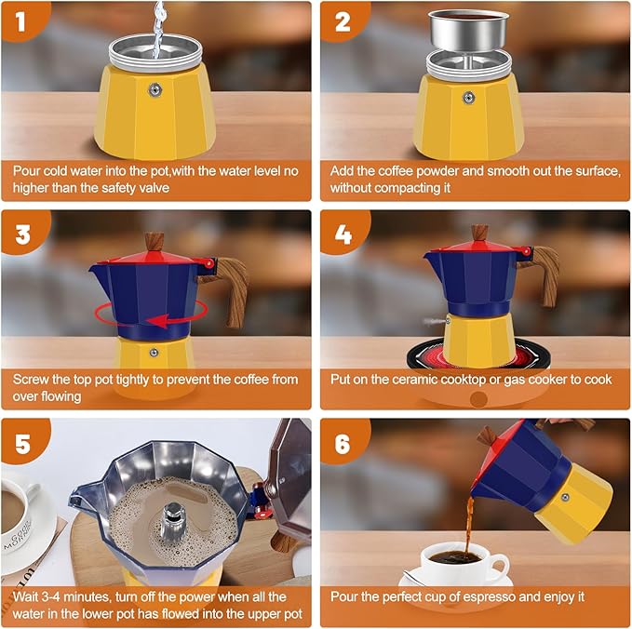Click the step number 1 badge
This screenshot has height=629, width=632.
(x=20, y=19)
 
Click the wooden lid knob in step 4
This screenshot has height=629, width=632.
(x=479, y=233)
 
